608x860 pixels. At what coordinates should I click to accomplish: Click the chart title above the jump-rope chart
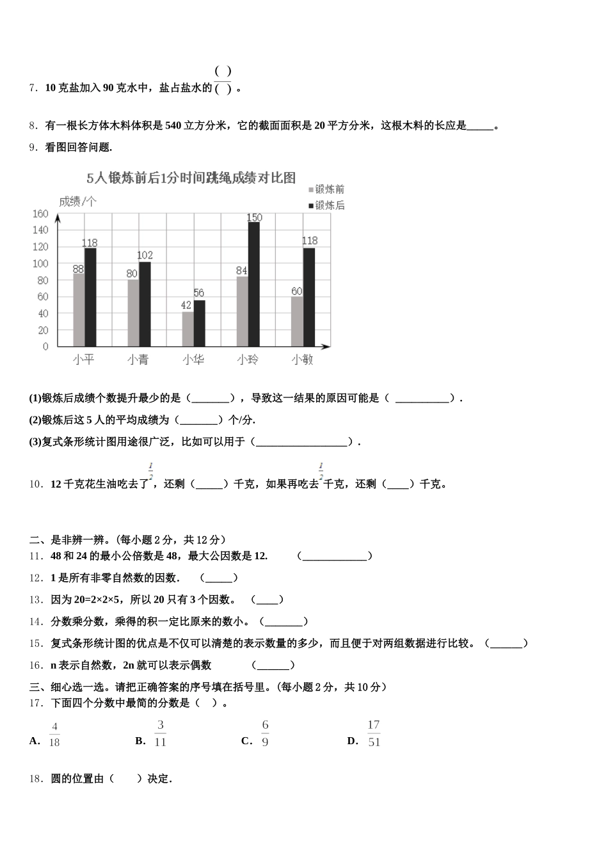[191, 178]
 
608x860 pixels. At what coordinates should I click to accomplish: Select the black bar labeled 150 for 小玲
[254, 284]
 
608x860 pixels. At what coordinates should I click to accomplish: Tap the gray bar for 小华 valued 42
[188, 329]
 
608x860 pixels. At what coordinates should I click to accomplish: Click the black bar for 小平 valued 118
[90, 297]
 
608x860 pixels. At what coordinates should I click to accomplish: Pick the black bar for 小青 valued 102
[145, 304]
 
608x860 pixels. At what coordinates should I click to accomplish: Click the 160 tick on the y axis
[40, 214]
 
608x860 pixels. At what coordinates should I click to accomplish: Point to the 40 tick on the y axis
[43, 314]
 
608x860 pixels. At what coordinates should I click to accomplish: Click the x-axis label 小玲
[248, 360]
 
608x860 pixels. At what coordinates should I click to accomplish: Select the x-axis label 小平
[83, 360]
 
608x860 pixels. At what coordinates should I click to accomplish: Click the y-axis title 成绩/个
[77, 202]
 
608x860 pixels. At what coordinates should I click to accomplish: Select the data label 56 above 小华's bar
[199, 294]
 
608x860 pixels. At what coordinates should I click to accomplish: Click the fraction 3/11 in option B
[160, 733]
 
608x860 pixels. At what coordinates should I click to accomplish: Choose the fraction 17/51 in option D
[374, 733]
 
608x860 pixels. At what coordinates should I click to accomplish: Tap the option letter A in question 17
[34, 741]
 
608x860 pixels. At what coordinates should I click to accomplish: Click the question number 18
[36, 779]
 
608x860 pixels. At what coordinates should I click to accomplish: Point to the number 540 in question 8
[173, 125]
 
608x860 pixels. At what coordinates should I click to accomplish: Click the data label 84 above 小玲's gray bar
[241, 271]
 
